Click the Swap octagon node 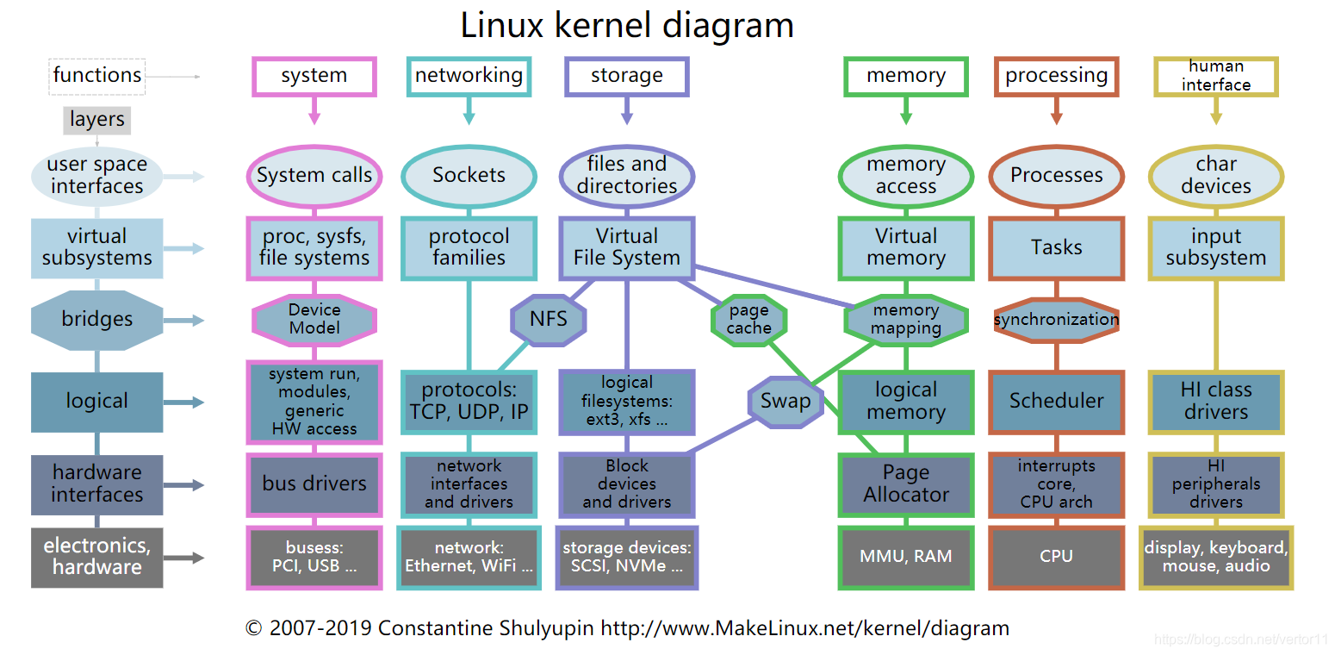click(785, 401)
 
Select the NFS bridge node click(548, 320)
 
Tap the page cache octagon click(748, 320)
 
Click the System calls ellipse click(314, 175)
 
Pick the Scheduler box click(1056, 401)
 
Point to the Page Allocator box click(905, 483)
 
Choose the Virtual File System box click(626, 247)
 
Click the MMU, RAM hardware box click(905, 557)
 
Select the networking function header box click(469, 76)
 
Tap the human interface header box click(1215, 76)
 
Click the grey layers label click(97, 120)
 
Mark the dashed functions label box click(97, 76)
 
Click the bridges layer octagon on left click(96, 320)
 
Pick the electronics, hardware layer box click(96, 557)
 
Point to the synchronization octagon click(1056, 320)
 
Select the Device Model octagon click(314, 320)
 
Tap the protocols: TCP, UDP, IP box click(469, 402)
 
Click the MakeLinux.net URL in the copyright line click(804, 628)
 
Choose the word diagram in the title click(728, 25)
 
